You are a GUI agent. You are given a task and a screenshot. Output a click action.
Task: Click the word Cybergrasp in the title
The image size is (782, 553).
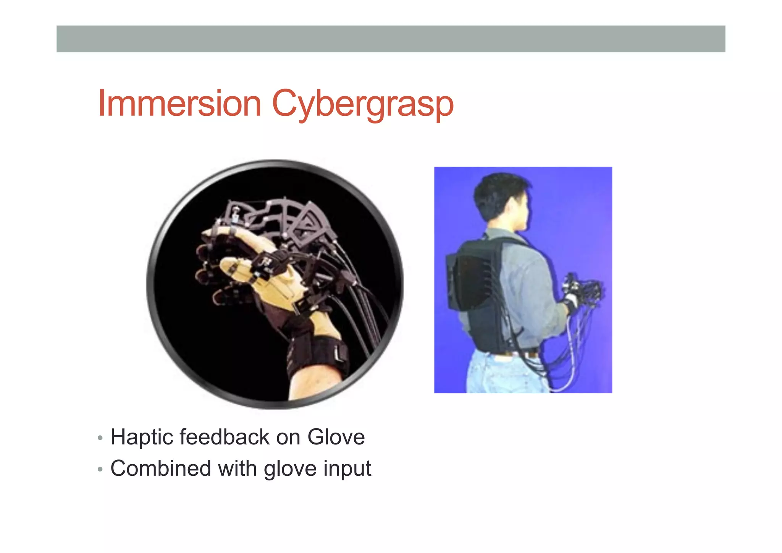pos(362,104)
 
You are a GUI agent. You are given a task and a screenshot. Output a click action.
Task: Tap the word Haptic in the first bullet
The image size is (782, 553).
pos(142,438)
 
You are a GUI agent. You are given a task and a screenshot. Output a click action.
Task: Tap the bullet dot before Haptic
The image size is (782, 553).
pos(100,438)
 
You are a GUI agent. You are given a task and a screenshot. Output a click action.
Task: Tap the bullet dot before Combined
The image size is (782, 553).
pos(100,469)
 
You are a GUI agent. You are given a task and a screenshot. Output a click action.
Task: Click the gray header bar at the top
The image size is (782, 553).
pos(391,39)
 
